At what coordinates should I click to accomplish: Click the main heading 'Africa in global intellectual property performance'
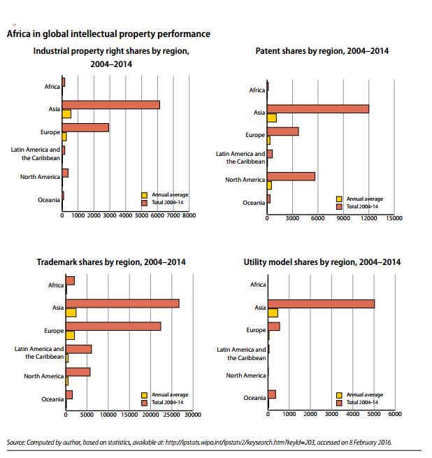point(108,34)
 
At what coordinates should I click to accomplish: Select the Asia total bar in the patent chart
point(317,108)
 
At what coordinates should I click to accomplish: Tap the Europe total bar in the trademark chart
point(113,326)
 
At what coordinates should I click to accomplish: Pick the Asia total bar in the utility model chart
point(321,303)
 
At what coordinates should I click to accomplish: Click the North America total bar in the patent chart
point(291,176)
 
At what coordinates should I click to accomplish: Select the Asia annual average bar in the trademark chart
point(71,312)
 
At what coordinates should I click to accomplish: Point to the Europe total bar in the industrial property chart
point(85,127)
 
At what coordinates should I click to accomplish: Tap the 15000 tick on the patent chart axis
point(394,218)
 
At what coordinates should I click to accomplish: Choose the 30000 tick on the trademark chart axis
point(192,414)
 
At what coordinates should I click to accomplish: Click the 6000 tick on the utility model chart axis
point(394,414)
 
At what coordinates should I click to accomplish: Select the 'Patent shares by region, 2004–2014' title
point(322,51)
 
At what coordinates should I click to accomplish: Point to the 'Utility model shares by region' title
point(322,262)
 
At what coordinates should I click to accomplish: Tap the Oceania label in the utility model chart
point(254,398)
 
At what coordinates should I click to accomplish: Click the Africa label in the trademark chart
point(55,285)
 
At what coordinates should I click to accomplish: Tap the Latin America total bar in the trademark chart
point(78,349)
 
